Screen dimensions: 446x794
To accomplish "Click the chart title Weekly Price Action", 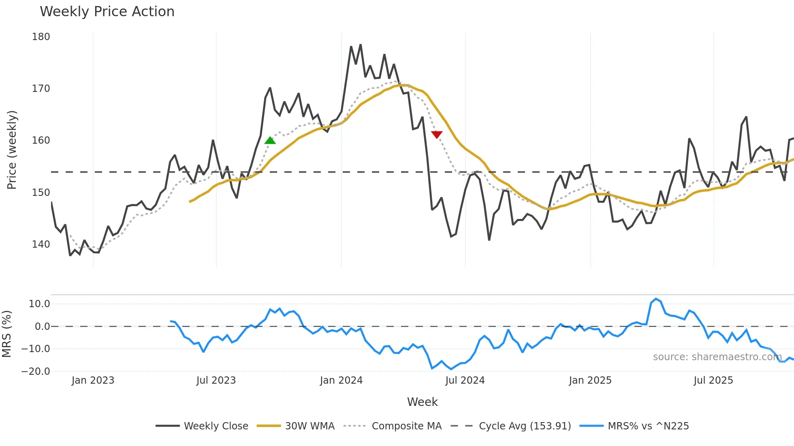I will (107, 12).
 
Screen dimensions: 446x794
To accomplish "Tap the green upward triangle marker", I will (270, 140).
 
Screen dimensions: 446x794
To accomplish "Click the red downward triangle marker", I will (437, 134).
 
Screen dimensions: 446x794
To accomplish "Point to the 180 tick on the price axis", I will (41, 37).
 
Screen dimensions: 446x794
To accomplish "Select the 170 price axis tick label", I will (41, 89).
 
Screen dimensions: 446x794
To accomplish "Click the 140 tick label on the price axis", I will (41, 244).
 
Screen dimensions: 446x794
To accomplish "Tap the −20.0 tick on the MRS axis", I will (36, 372).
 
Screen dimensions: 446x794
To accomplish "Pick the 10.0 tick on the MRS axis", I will (39, 304).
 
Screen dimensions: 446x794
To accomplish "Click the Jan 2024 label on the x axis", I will (341, 380).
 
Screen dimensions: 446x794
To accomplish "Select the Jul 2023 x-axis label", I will (216, 380).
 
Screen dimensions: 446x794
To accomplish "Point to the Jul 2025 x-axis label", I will (713, 380).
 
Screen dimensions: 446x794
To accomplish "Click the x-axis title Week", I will (422, 402).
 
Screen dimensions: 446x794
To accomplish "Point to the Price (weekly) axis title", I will (12, 150).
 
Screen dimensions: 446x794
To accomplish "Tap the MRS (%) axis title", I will (6, 334).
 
